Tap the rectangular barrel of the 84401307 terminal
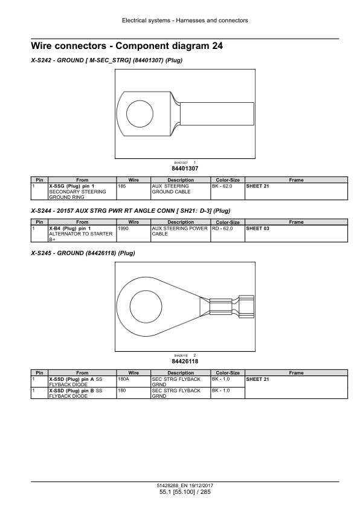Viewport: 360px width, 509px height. pyautogui.click(x=217, y=114)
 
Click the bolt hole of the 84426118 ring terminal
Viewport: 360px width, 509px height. pyautogui.click(x=146, y=306)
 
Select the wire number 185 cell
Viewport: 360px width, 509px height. pyautogui.click(x=133, y=192)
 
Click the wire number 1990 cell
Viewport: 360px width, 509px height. pyautogui.click(x=133, y=234)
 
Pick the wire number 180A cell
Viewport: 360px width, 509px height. pyautogui.click(x=133, y=381)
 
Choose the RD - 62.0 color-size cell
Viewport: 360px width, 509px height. pyautogui.click(x=228, y=234)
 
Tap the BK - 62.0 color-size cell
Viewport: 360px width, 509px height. pyautogui.click(x=228, y=192)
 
